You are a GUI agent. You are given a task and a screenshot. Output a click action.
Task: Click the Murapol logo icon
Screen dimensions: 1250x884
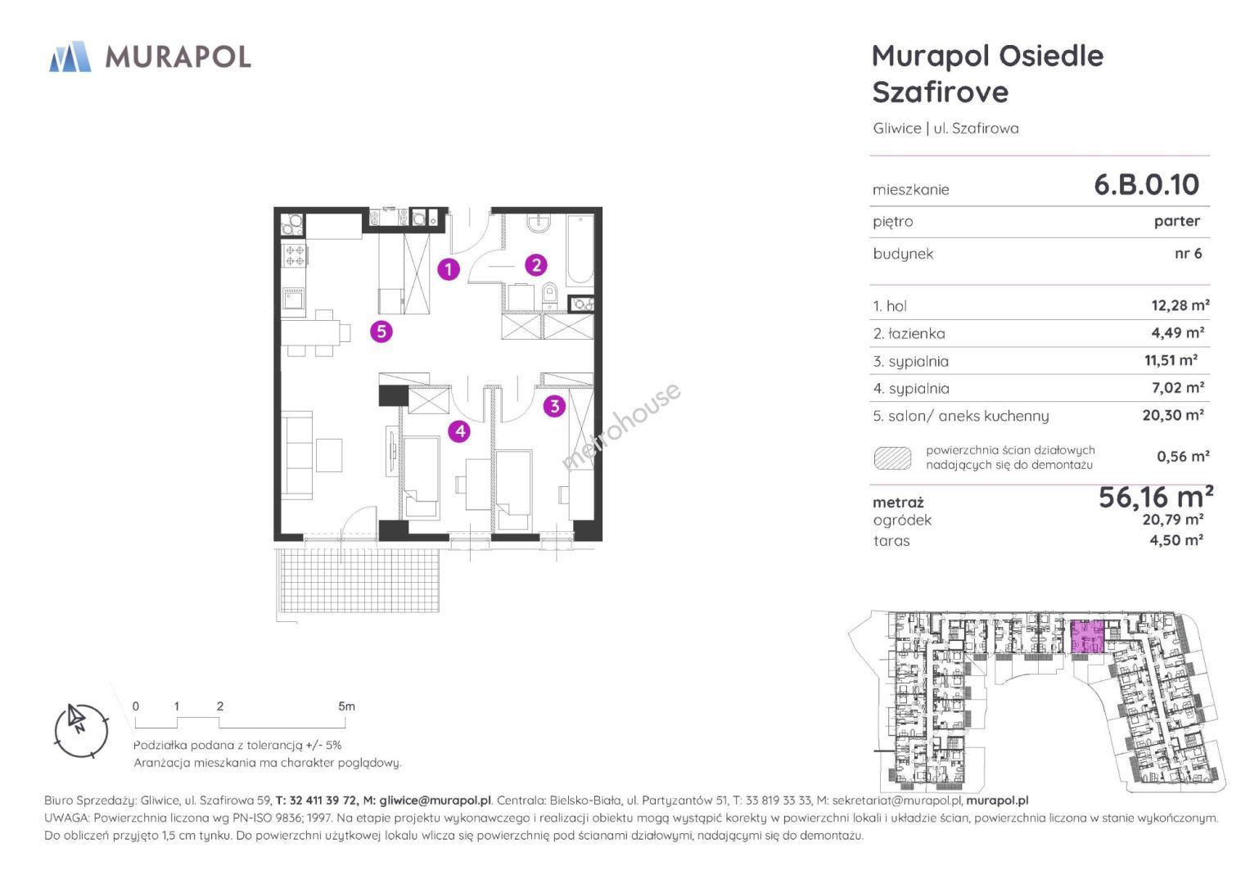point(70,56)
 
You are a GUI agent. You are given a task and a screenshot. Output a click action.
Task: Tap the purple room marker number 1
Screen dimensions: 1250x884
point(448,269)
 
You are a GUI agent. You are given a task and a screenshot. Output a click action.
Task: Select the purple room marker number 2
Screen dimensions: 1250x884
point(535,265)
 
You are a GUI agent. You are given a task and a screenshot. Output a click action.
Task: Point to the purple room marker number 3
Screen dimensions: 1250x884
point(554,406)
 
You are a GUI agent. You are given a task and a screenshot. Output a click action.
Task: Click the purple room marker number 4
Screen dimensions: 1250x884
point(459,431)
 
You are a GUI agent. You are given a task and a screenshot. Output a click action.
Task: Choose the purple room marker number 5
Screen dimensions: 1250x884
point(381,331)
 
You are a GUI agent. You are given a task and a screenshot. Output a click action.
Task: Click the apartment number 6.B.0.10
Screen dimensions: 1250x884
point(1146,185)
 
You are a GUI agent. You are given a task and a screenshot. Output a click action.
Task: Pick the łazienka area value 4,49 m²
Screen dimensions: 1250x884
point(1177,332)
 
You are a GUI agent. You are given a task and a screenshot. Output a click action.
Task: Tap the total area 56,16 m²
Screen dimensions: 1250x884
point(1156,498)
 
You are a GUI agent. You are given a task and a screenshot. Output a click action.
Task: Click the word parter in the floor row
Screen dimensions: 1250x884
point(1177,222)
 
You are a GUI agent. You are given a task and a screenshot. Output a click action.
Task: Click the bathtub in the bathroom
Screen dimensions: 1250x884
point(581,250)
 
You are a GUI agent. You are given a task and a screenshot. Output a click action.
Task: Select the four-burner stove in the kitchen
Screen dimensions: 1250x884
point(295,256)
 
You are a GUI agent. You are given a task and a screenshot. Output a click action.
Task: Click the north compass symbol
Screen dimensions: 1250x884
point(82,730)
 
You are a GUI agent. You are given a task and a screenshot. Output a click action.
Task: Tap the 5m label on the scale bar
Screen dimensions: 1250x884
point(346,706)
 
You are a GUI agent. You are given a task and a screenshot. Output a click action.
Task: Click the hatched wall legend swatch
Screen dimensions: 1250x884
point(892,458)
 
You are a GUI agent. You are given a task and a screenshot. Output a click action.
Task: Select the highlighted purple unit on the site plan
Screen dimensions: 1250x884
point(1088,637)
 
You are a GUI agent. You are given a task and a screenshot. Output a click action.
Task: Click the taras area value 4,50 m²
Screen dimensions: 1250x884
point(1176,540)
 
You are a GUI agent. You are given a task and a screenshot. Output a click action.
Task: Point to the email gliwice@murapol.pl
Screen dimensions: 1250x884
point(435,801)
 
